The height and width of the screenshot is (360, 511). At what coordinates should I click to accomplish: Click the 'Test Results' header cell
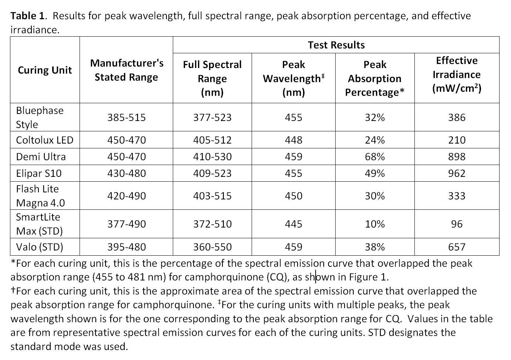tap(336, 45)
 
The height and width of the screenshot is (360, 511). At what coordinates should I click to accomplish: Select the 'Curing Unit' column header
tap(45, 70)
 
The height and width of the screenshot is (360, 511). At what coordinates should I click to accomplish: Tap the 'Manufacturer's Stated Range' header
tap(127, 70)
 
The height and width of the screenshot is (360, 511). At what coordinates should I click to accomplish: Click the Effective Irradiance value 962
tap(457, 173)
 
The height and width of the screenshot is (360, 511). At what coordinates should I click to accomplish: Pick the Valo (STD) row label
tap(40, 247)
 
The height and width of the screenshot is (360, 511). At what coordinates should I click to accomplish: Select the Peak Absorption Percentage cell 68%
tap(374, 157)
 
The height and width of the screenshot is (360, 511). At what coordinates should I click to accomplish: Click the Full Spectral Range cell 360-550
tap(212, 247)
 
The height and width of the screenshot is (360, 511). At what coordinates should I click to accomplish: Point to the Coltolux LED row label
tap(44, 140)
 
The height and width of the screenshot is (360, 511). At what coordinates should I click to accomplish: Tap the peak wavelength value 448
tap(293, 140)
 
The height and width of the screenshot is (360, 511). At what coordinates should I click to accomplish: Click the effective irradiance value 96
tap(457, 224)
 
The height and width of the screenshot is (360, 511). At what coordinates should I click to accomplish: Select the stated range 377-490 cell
tap(127, 224)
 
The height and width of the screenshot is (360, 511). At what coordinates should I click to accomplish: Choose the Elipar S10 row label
tap(39, 173)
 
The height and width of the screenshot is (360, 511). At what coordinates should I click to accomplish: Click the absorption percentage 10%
tap(374, 224)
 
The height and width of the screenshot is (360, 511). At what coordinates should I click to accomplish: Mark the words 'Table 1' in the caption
tap(27, 16)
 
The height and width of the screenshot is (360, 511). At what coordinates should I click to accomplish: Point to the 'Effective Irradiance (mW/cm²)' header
tap(457, 75)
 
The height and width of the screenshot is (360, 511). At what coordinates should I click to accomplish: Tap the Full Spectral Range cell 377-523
tap(212, 117)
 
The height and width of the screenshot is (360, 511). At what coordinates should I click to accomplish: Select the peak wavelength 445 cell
tap(293, 224)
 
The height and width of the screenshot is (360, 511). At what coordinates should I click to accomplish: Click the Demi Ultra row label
tap(41, 157)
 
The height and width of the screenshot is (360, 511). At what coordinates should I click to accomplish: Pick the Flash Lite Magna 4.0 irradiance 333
tap(457, 196)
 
